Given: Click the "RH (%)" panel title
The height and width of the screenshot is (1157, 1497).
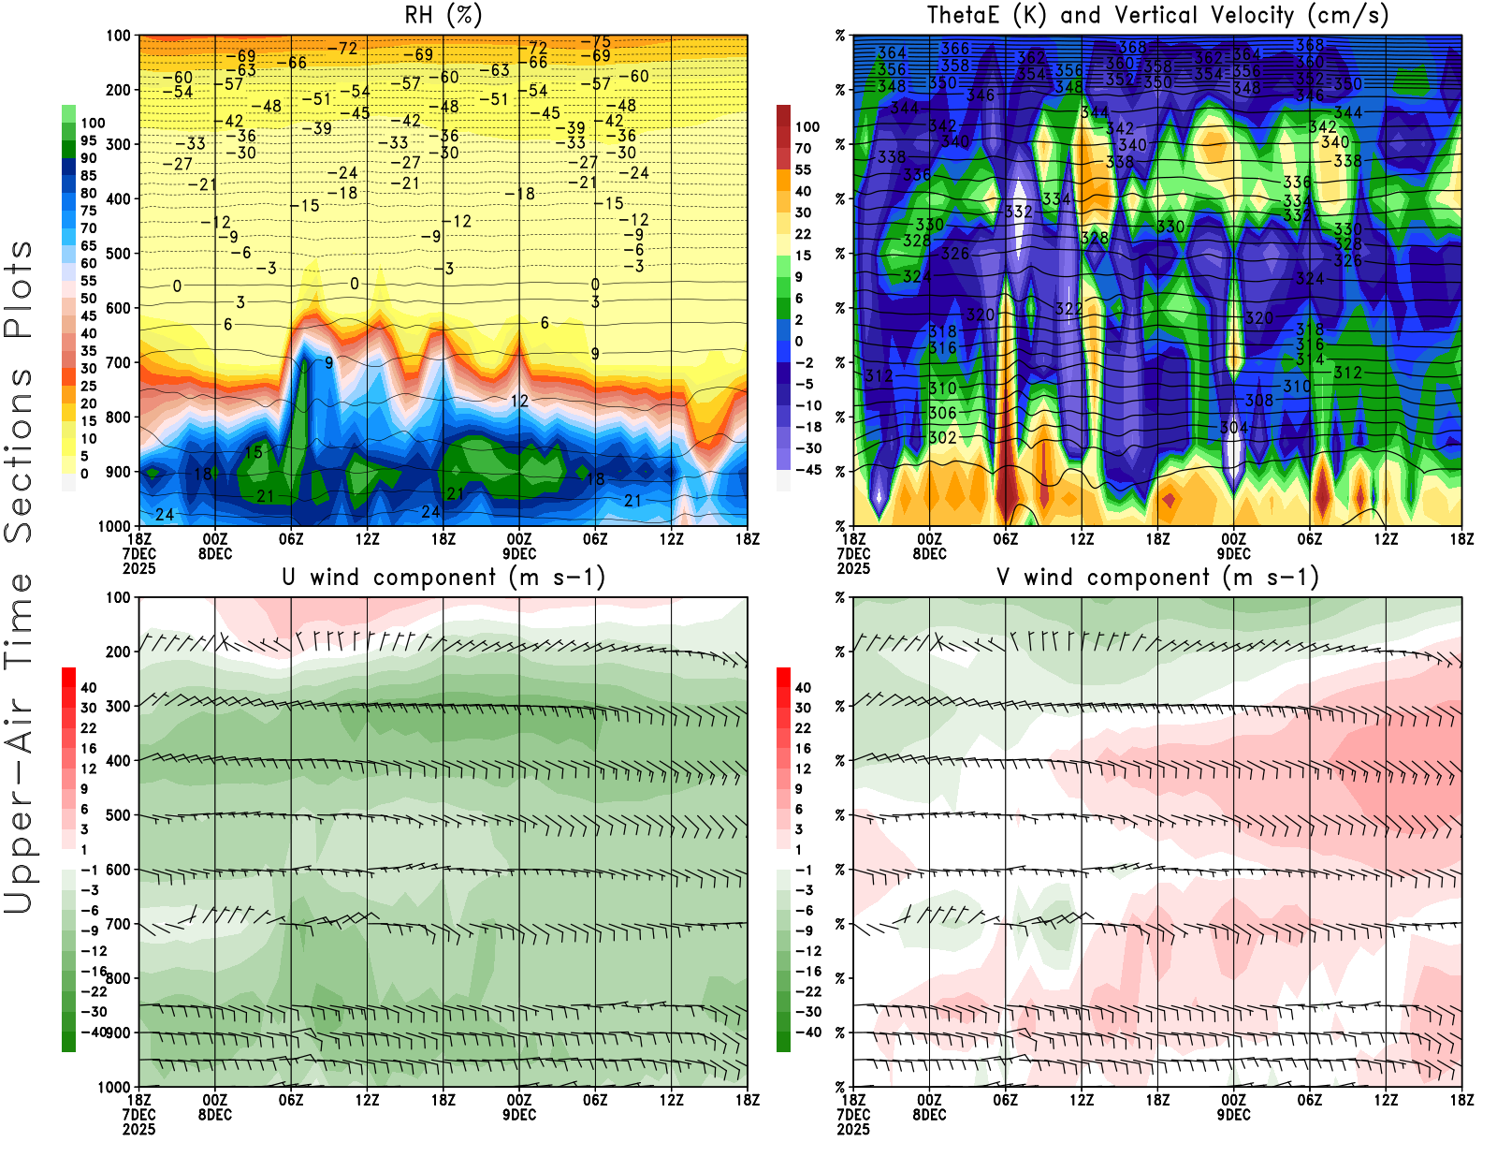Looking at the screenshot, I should pos(443,16).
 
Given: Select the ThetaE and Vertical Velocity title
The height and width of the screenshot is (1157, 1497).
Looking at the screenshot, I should pos(1157,16).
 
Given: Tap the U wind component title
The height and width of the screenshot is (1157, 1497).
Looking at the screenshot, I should pos(443,578).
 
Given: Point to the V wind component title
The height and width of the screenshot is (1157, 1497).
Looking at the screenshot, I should pos(1157,578).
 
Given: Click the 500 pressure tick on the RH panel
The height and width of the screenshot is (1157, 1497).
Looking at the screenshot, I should pos(119,254).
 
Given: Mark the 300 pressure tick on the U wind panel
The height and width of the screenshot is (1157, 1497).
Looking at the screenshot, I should pos(119,707).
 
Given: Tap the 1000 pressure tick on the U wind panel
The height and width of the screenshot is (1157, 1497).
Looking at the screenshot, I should pos(114,1088).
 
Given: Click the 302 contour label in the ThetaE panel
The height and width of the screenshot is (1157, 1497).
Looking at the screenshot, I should pos(942,438).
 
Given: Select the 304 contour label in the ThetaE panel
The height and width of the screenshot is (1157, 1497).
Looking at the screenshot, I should pos(1233,428).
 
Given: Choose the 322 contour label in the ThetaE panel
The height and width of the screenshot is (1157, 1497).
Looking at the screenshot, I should pos(1068,309).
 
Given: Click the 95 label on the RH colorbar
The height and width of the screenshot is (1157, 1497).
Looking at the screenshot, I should pos(88,140).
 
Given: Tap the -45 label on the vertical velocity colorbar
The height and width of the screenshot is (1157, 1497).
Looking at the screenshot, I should pos(807,470).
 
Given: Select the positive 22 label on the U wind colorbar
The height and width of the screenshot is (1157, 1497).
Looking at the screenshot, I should pos(88,728).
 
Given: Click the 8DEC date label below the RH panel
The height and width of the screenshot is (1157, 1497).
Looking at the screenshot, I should pos(215,554).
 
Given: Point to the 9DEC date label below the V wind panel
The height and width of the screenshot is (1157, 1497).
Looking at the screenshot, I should pos(1234,1115).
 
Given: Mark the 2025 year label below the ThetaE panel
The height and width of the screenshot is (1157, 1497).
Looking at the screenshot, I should pos(853,568).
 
